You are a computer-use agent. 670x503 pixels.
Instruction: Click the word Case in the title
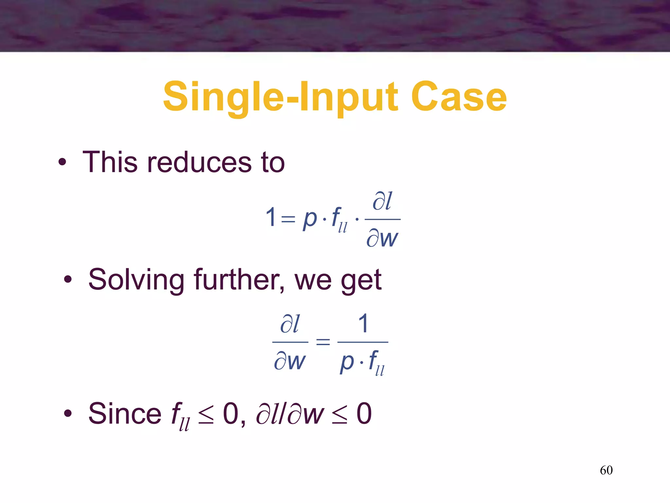[459, 97]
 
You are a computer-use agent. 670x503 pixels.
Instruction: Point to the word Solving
[136, 280]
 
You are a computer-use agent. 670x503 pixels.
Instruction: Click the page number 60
[606, 470]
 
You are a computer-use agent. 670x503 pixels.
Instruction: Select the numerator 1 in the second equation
[363, 324]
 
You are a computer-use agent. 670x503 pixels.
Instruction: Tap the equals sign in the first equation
[288, 219]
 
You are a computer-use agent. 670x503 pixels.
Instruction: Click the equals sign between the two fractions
[323, 342]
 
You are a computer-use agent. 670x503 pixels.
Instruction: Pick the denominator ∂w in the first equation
[382, 238]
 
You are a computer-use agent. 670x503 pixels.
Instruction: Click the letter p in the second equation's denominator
[347, 362]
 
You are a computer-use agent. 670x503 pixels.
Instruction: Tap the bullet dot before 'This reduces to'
[62, 162]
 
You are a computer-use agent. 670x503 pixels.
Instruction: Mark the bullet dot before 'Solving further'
[68, 279]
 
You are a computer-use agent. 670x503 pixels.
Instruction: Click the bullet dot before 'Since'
[68, 413]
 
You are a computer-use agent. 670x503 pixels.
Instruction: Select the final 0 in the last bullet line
[364, 414]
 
